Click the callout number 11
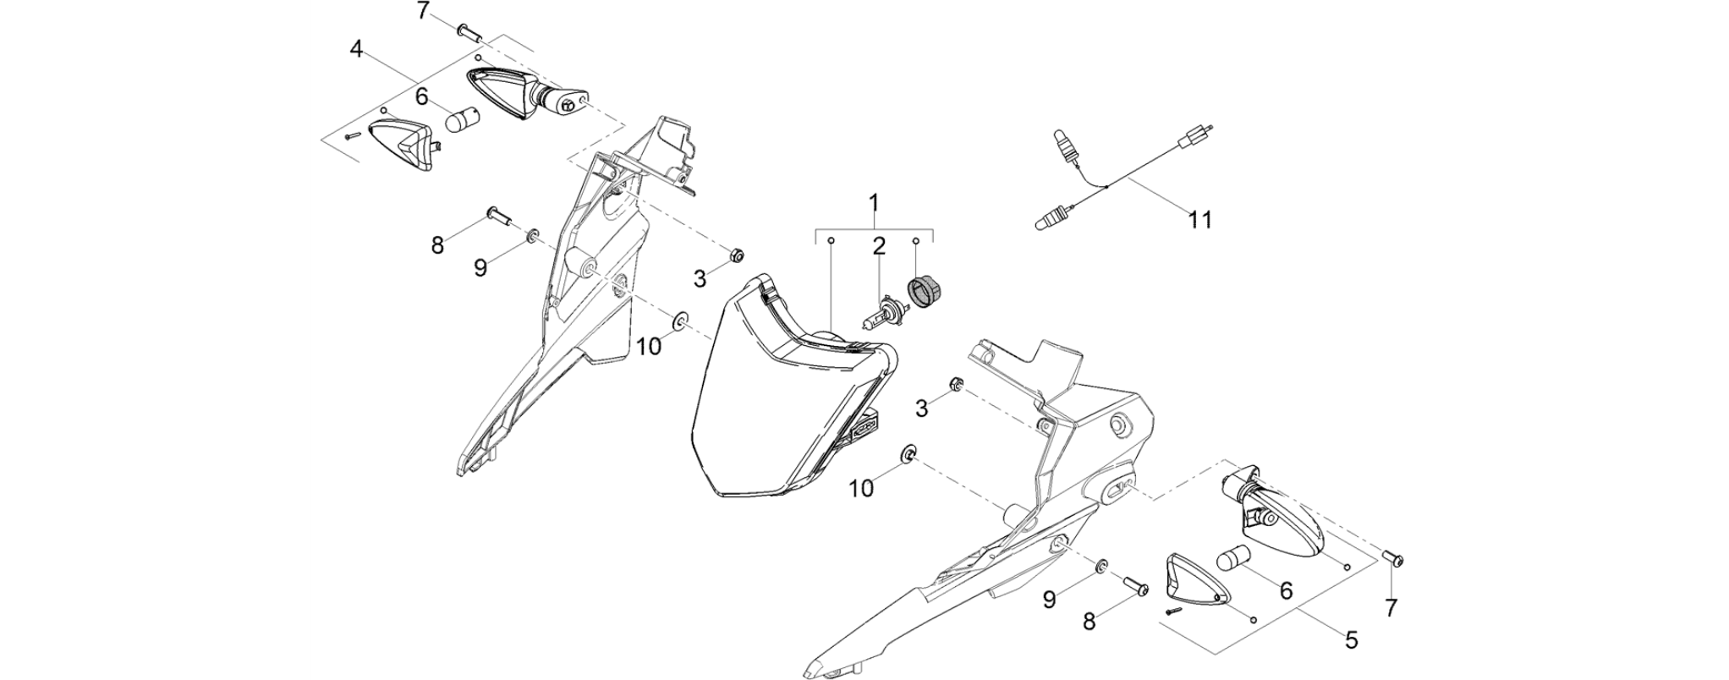1200,220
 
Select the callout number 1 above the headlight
874,203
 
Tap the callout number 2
879,246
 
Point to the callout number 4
357,49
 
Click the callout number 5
1352,640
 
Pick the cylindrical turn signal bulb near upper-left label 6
462,120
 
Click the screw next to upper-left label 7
469,32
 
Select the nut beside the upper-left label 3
736,254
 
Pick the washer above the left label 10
678,321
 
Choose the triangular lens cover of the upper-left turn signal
401,144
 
